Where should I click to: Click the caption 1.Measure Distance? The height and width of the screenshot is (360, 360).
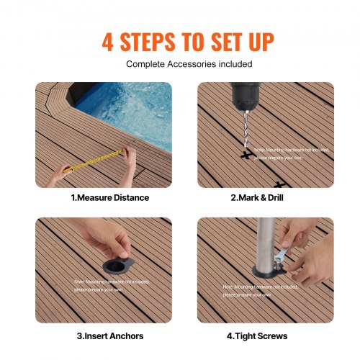(x=109, y=197)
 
